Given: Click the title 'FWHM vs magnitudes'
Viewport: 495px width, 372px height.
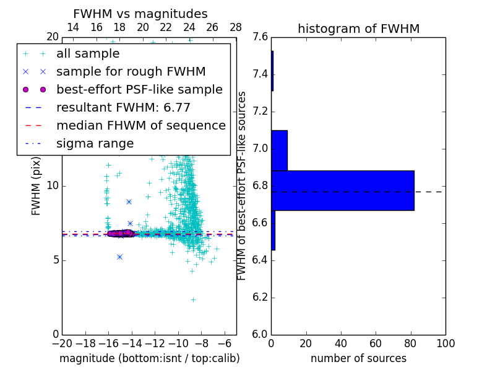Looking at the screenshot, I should point(140,14).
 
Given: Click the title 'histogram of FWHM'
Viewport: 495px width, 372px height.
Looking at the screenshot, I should point(358,29).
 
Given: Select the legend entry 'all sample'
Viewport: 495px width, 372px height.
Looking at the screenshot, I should point(88,54).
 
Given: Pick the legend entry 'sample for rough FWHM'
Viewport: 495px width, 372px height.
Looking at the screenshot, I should point(131,72).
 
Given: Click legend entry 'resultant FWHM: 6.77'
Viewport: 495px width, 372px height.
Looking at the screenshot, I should point(123,108).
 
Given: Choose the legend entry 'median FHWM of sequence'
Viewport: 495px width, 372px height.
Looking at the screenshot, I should point(140,126).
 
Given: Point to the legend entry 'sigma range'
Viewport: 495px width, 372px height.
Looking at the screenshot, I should point(95,144).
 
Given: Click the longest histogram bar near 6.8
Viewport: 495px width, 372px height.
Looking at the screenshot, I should point(342,190).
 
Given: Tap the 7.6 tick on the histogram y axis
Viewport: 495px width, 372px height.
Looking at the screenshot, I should point(260,37).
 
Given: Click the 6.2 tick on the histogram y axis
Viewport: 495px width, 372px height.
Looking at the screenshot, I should point(260,297).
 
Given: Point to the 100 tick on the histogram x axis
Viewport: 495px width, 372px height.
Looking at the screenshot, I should point(445,343).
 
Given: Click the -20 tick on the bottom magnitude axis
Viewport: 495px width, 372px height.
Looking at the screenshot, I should point(62,343).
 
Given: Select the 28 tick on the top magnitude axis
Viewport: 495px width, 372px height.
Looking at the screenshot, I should point(236,27).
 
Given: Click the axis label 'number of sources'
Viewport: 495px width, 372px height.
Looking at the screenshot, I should point(358,358).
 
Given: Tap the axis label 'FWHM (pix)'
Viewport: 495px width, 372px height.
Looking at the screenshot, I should point(37,185).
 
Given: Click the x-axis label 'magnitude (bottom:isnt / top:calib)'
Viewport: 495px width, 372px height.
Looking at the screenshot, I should point(149,358).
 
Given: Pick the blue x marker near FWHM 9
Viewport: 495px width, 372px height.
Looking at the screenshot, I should point(129,201).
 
